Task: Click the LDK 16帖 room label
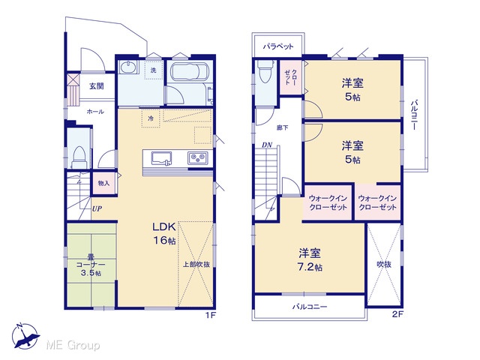[164, 233]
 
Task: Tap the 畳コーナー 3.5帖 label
[91, 265]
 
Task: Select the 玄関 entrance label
[97, 86]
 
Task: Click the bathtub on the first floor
[188, 72]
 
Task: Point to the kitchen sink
[161, 158]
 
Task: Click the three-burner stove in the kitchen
[198, 158]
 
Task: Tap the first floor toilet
[79, 157]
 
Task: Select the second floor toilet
[265, 71]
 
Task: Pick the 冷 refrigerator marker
[151, 118]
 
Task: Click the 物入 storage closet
[103, 183]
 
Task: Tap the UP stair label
[97, 208]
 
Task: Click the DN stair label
[267, 145]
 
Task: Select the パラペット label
[278, 46]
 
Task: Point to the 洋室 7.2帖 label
[310, 260]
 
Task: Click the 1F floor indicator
[211, 315]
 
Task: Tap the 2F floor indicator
[397, 314]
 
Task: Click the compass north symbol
[25, 336]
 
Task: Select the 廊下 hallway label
[282, 127]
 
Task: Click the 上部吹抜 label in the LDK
[196, 264]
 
